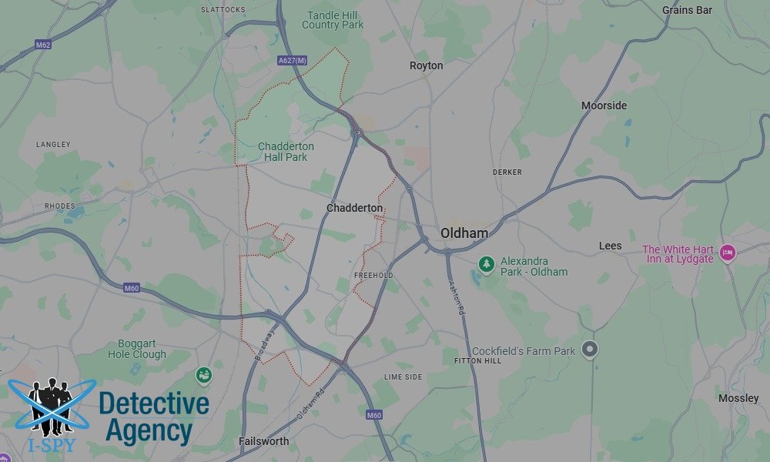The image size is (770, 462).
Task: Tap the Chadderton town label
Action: click(x=354, y=208)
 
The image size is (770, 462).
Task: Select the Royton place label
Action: click(x=426, y=65)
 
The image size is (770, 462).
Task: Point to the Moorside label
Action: click(x=604, y=105)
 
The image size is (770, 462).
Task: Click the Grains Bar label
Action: click(x=687, y=10)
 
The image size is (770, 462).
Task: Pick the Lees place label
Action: click(x=610, y=246)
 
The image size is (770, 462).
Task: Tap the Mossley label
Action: click(x=738, y=398)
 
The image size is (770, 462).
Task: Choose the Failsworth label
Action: click(x=264, y=441)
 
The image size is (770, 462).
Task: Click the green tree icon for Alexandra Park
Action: click(x=486, y=265)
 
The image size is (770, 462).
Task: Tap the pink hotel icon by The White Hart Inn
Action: click(x=727, y=253)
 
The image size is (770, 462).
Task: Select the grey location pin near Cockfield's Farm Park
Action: click(x=590, y=350)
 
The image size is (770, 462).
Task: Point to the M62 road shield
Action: click(x=43, y=45)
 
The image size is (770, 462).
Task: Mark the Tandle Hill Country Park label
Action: click(x=333, y=20)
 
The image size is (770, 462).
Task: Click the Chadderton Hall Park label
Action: click(x=286, y=152)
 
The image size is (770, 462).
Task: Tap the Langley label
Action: click(x=53, y=145)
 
